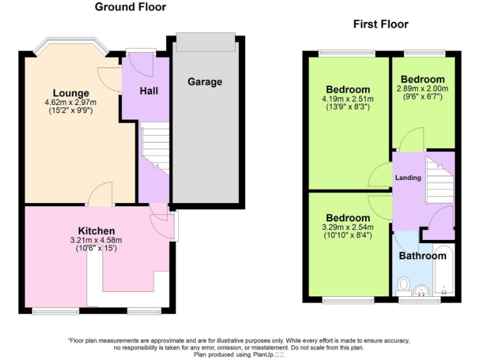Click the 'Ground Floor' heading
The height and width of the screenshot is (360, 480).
pos(131,7)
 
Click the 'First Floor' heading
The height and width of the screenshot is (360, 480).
pos(381,24)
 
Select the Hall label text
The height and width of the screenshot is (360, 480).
pos(149,91)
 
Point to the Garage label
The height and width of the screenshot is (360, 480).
pos(204,82)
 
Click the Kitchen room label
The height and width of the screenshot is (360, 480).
pos(96,231)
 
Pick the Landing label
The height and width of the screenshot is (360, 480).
pos(407,177)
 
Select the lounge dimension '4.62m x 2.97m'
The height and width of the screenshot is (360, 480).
pos(70,102)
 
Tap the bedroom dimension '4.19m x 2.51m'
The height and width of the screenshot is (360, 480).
pos(347,99)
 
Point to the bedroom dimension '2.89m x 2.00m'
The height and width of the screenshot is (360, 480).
pos(422,89)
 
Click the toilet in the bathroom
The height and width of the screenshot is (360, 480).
pos(403,285)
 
